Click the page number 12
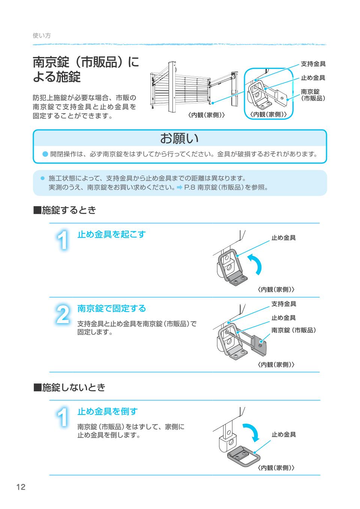pos(21,487)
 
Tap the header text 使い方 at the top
pos(42,36)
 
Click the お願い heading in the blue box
pos(179,138)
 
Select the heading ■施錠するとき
pos(65,210)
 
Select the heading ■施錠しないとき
pos(70,388)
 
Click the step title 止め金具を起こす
pos(111,235)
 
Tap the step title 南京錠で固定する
pos(111,308)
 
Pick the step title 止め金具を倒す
pos(107,411)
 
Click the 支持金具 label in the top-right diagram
pos(313,64)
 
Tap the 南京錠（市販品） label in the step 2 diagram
pos(294,330)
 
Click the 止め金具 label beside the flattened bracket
pos(283,434)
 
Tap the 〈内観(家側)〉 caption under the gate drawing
pos(206,115)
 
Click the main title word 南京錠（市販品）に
pos(86,62)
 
